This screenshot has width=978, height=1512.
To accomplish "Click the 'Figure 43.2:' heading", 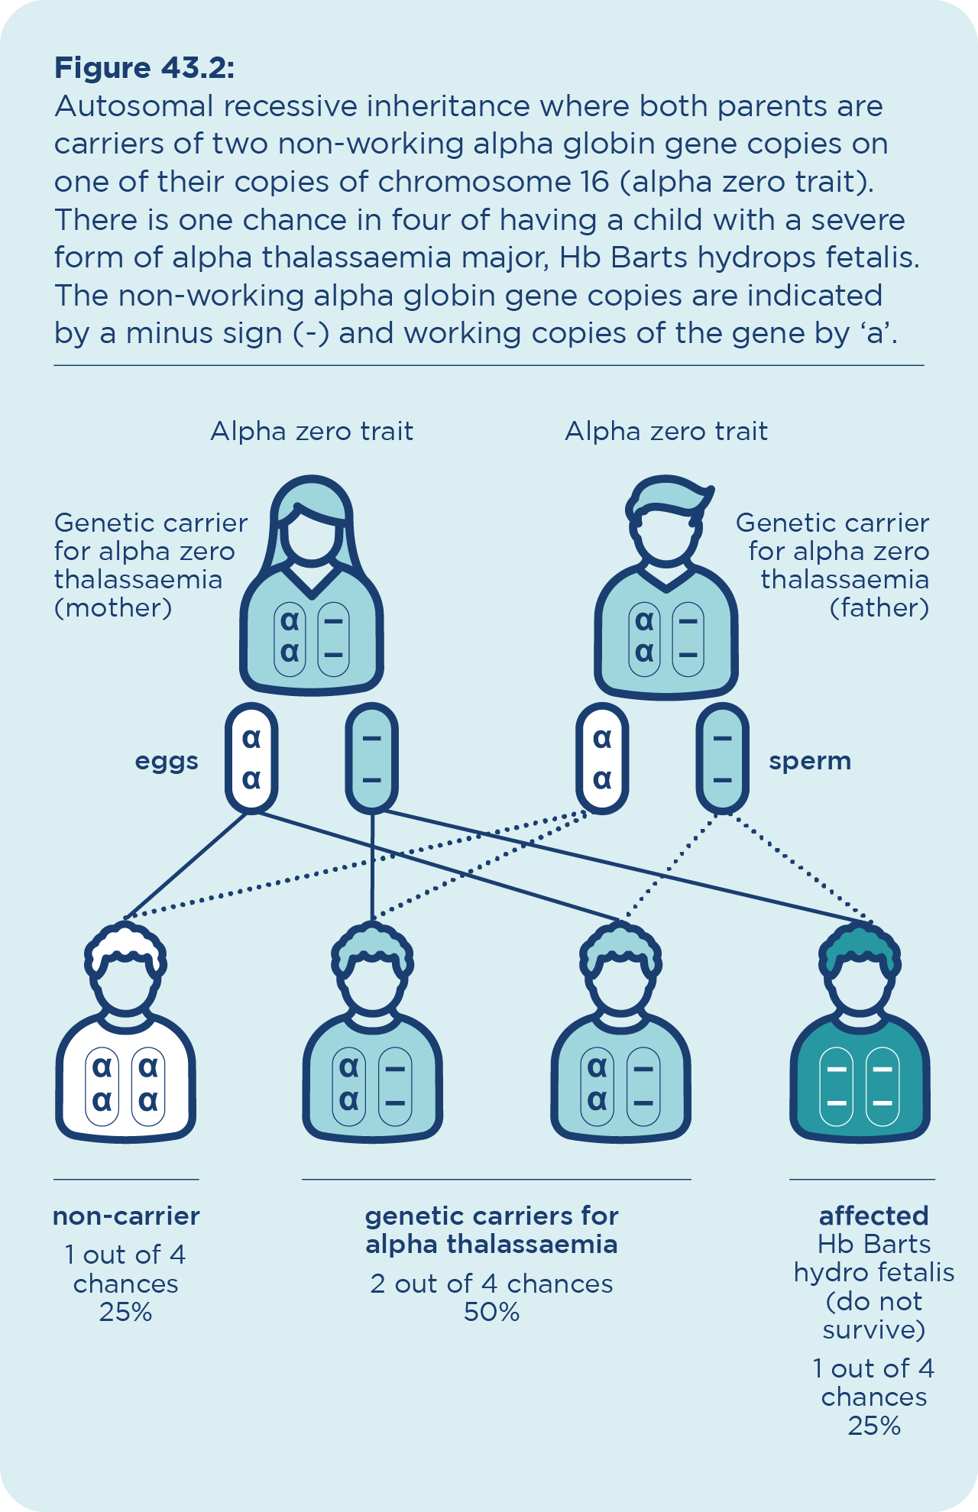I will tap(144, 68).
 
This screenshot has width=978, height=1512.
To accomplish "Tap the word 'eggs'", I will tap(167, 761).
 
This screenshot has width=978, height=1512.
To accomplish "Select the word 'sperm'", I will tap(810, 761).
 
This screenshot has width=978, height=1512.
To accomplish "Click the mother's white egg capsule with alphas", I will tap(251, 758).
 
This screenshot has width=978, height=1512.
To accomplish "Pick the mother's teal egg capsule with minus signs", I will tap(372, 758).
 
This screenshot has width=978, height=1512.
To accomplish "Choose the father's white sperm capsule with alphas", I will tap(602, 758).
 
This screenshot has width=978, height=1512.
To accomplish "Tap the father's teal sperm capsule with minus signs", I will tap(722, 758).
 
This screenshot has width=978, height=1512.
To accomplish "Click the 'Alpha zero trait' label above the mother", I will tap(312, 432).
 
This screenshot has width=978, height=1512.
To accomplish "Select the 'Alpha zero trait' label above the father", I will tap(666, 432).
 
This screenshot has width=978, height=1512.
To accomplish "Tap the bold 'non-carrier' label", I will tap(126, 1216).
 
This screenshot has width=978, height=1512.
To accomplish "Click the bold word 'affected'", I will tap(873, 1216).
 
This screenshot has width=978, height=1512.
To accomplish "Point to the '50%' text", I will tap(491, 1312).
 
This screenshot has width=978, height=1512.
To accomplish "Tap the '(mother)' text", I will tap(113, 608).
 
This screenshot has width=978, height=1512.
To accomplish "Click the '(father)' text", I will tap(879, 608).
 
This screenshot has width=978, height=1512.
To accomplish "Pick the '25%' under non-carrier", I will tap(126, 1312).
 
